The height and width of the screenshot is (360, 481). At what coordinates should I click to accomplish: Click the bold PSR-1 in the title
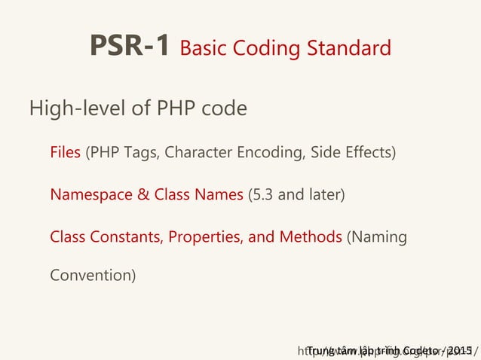coord(130,47)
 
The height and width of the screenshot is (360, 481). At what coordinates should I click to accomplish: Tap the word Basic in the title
coord(207,49)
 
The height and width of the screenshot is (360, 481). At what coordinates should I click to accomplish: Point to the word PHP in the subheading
coord(173,109)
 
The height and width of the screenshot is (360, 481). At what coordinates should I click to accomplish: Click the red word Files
coord(66,153)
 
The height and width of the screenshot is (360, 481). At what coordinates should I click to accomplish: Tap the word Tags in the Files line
coord(140,154)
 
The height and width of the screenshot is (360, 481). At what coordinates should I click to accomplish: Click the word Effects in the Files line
coord(369,153)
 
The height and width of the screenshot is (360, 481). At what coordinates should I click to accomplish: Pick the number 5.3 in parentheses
coord(264,195)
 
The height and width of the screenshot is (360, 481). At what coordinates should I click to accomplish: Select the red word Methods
coord(311,237)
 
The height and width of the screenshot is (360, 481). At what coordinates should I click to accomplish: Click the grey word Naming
coord(378,238)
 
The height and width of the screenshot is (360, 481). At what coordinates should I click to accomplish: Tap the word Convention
coord(92,276)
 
